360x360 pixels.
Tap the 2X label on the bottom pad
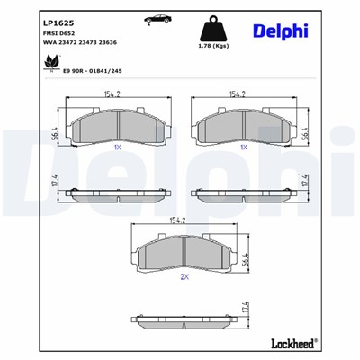coord(184,276)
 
